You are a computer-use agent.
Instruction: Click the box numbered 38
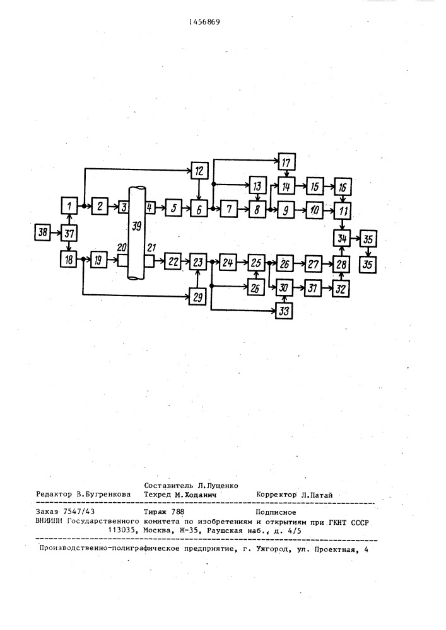[x=42, y=232]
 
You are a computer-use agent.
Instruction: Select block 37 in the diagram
[x=69, y=233]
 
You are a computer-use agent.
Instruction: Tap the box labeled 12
[x=199, y=171]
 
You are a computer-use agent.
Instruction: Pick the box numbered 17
[x=286, y=163]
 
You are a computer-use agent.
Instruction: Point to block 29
[x=197, y=297]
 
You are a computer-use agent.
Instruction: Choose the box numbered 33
[x=284, y=311]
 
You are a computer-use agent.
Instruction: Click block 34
[x=342, y=239]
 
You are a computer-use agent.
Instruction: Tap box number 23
[x=197, y=262]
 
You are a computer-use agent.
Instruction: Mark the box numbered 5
[x=173, y=209]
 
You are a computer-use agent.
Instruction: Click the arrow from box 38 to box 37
[x=56, y=233]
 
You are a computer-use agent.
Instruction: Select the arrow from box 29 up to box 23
[x=197, y=280]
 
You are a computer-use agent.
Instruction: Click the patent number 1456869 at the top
[x=204, y=22]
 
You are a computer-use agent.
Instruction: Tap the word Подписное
[x=276, y=512]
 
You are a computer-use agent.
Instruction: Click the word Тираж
[x=154, y=512]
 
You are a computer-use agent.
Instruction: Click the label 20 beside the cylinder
[x=122, y=248]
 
